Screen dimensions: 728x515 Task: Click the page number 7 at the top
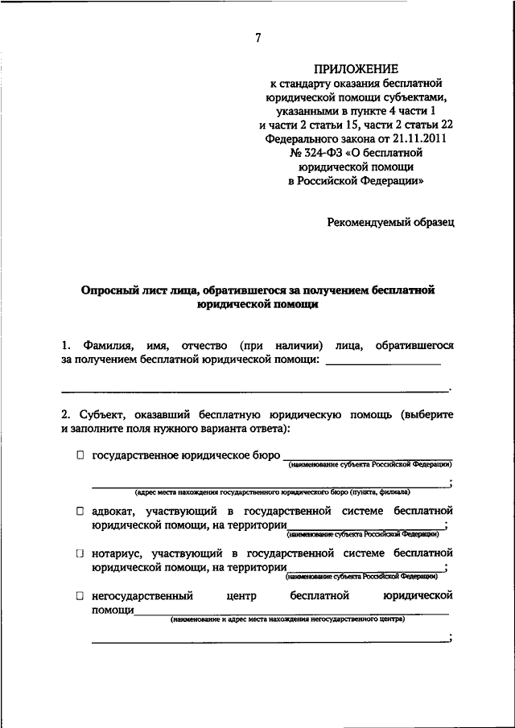[x=257, y=38]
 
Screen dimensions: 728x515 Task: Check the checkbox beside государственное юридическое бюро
[x=80, y=455]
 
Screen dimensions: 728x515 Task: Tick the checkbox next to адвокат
[x=80, y=511]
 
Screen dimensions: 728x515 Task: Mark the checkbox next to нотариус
[x=80, y=553]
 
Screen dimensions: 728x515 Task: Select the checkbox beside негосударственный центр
[x=80, y=596]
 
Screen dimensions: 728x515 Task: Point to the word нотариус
[x=117, y=553]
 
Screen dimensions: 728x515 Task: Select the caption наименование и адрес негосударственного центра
[x=286, y=619]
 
